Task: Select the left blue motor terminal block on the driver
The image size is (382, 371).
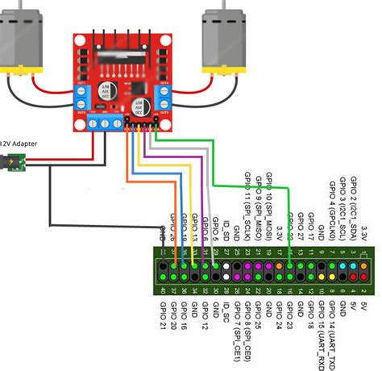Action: (x=83, y=98)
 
